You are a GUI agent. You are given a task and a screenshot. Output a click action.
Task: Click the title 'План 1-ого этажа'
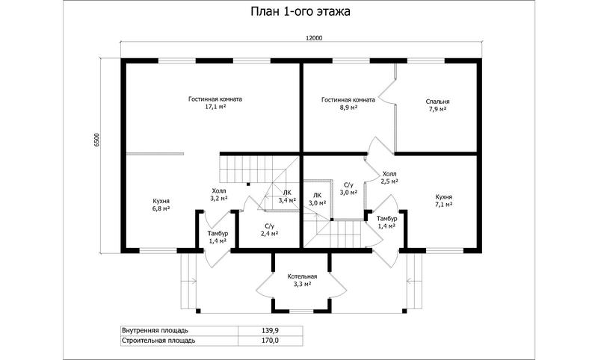(300, 11)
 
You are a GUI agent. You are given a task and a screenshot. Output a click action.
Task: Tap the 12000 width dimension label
(314, 37)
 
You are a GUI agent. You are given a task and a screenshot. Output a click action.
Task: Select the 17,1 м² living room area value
(215, 107)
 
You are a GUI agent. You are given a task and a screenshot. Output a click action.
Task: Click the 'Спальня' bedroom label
(437, 102)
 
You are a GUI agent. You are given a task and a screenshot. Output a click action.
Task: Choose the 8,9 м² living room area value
(348, 108)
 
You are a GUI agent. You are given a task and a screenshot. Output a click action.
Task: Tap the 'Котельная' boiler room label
(302, 276)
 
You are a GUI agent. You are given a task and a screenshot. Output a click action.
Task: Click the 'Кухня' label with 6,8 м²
(161, 201)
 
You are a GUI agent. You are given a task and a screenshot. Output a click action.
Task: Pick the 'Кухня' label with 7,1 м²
(444, 197)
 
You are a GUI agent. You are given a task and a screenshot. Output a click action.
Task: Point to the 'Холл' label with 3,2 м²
(219, 190)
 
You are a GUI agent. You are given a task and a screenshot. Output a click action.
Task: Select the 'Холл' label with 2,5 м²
(389, 174)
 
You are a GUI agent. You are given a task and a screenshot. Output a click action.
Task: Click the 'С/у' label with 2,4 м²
(269, 226)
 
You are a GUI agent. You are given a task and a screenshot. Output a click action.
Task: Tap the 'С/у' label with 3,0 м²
(348, 184)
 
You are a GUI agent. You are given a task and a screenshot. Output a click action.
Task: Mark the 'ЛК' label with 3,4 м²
(287, 193)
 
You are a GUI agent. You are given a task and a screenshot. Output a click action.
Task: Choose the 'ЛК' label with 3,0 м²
(317, 195)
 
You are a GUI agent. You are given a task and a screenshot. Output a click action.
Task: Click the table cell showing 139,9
(271, 330)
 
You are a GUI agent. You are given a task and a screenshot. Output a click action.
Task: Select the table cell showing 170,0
(271, 340)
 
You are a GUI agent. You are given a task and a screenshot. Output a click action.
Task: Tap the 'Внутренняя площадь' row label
(155, 330)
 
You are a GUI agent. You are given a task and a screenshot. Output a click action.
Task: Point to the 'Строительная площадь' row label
(158, 340)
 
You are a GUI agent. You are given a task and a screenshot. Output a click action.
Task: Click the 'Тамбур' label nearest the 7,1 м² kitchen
(386, 218)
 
